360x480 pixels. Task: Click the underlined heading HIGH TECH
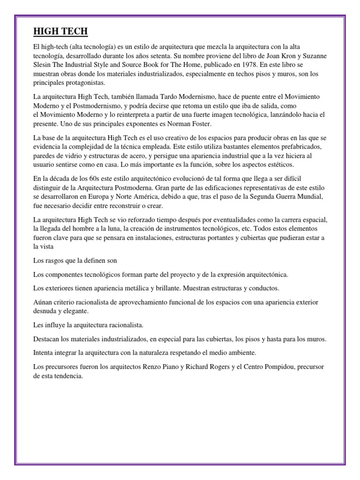[x=60, y=32]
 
